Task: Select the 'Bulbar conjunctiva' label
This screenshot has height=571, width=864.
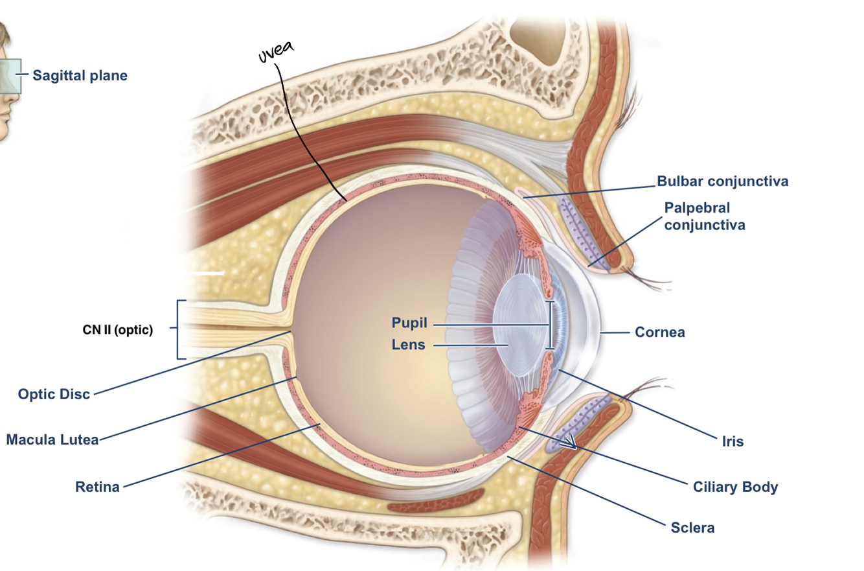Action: pyautogui.click(x=722, y=181)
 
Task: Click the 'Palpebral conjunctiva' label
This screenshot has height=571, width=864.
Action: pyautogui.click(x=704, y=216)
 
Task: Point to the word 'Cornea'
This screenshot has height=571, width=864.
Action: pyautogui.click(x=659, y=332)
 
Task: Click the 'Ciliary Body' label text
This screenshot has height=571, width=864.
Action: pyautogui.click(x=734, y=487)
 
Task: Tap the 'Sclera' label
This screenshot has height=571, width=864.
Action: pyautogui.click(x=692, y=528)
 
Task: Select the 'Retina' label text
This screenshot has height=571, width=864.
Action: pyautogui.click(x=97, y=487)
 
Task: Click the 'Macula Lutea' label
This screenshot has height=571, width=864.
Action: pyautogui.click(x=52, y=440)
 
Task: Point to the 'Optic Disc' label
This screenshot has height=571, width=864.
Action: pyautogui.click(x=54, y=394)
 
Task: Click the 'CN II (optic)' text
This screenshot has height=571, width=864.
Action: pyautogui.click(x=118, y=329)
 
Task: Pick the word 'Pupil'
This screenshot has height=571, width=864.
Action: pyautogui.click(x=410, y=323)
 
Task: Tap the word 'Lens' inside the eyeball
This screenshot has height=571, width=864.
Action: pyautogui.click(x=408, y=345)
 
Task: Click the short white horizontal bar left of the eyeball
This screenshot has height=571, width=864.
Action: pyautogui.click(x=205, y=273)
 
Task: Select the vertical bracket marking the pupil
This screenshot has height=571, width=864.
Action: pyautogui.click(x=551, y=325)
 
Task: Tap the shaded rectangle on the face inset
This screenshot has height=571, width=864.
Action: pyautogui.click(x=10, y=76)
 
